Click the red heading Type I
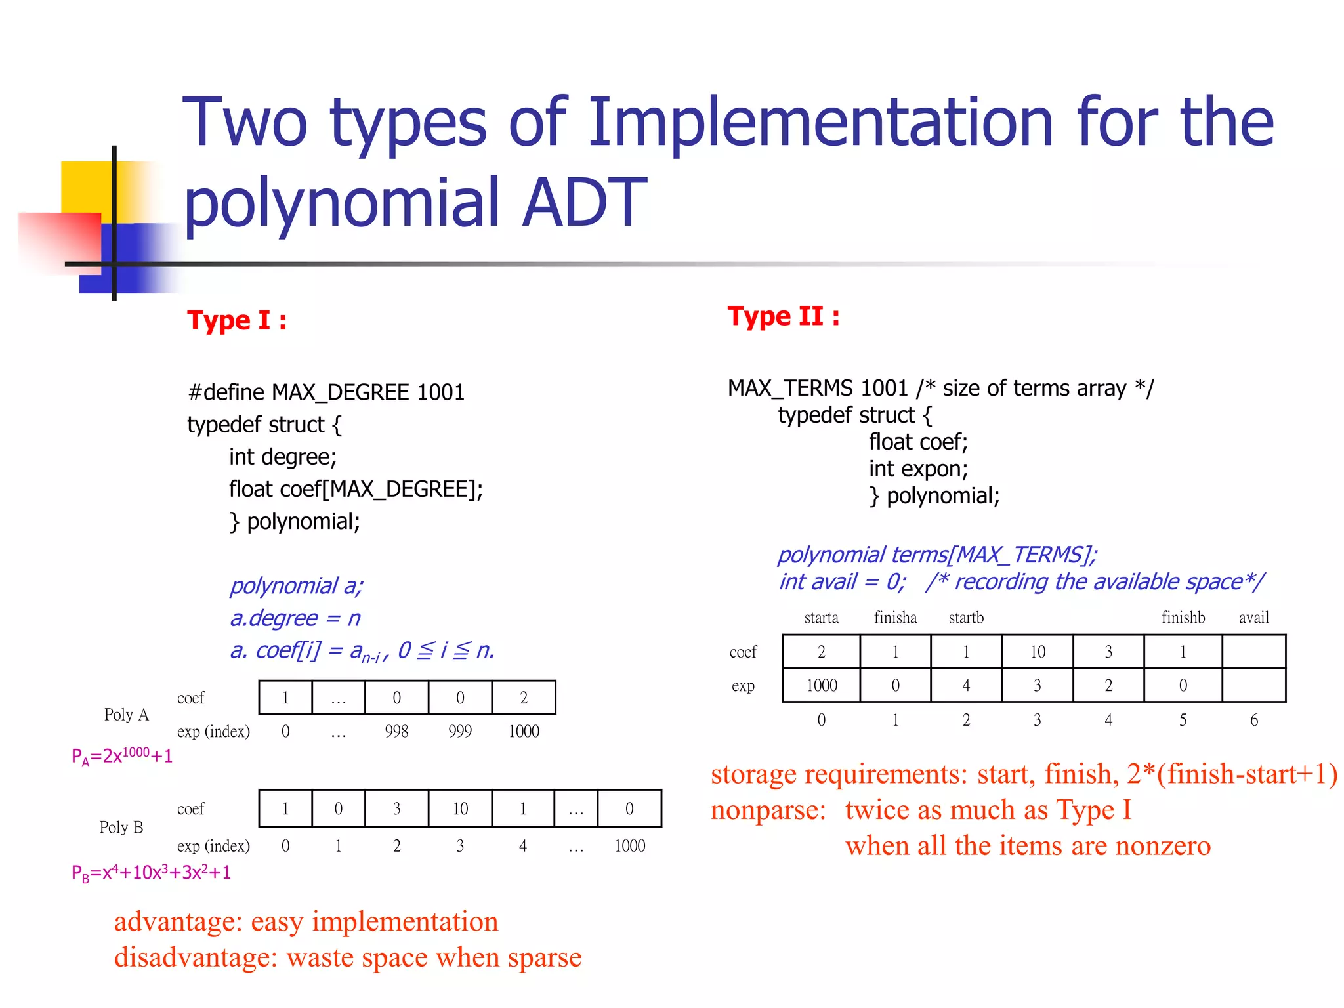coord(236,320)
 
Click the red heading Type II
coord(783,316)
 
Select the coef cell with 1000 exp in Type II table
coord(821,652)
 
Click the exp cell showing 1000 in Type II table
coord(821,685)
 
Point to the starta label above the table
coord(821,618)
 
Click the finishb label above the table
coord(1183,618)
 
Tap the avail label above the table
coord(1253,618)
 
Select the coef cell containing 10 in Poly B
coord(460,808)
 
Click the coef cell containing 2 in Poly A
coord(524,698)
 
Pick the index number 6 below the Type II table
coord(1253,720)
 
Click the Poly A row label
coord(127,715)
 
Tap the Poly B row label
coord(121,827)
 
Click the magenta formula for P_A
coord(122,756)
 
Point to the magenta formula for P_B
coord(151,873)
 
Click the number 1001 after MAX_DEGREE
coord(440,392)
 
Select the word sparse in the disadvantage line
coord(544,957)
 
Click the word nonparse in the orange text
coord(768,810)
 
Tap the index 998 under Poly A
coord(396,731)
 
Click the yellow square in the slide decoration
coord(85,186)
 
